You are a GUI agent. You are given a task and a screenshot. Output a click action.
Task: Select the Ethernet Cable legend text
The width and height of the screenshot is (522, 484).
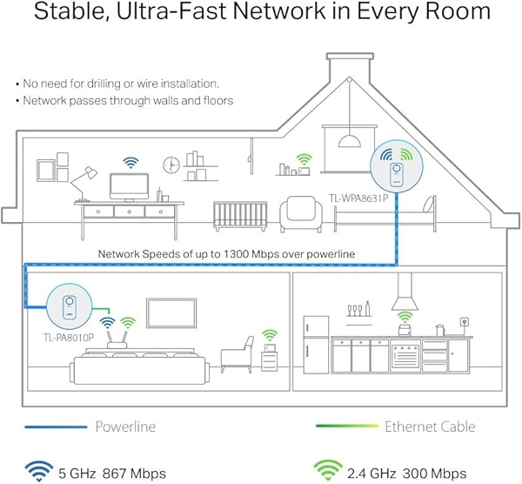tap(430, 427)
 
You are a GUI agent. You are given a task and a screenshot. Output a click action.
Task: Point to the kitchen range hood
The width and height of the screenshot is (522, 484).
tap(405, 299)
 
